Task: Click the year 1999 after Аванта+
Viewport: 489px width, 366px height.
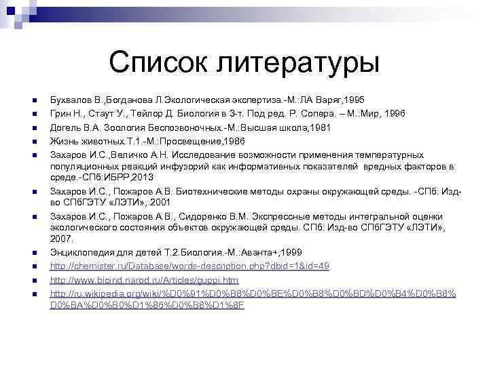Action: (285, 253)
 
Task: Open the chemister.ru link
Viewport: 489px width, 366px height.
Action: (190, 266)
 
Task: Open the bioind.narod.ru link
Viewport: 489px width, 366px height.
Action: (145, 280)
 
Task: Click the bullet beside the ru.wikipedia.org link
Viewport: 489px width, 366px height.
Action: (33, 294)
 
